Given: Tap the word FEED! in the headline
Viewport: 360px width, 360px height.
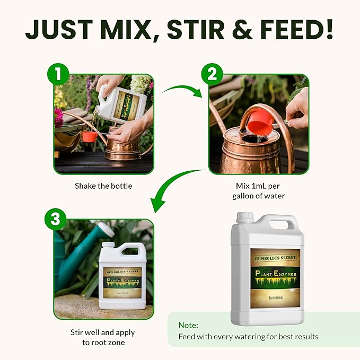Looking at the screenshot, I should [291, 31].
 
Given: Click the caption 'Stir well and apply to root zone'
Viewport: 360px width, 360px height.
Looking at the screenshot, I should [103, 337].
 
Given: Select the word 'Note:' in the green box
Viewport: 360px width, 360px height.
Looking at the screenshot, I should [188, 325].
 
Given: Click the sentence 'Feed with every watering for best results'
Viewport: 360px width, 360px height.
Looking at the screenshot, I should [249, 337].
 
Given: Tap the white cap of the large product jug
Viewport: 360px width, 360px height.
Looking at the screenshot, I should [245, 217].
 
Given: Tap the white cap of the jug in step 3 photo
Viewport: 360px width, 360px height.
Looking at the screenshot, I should [107, 247].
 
